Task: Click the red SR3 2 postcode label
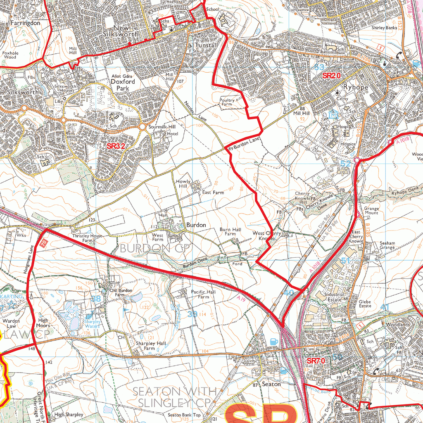pyautogui.click(x=116, y=146)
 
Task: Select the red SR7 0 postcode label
pyautogui.click(x=316, y=361)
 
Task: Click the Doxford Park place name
pyautogui.click(x=123, y=85)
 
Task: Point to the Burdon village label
pyautogui.click(x=196, y=225)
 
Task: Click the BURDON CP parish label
pyautogui.click(x=145, y=248)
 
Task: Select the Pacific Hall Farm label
pyautogui.click(x=203, y=294)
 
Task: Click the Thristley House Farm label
pyautogui.click(x=87, y=238)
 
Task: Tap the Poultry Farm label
pyautogui.click(x=227, y=102)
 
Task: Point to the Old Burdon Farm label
pyautogui.click(x=121, y=292)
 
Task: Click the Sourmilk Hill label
pyautogui.click(x=162, y=127)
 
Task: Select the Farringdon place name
pyautogui.click(x=26, y=23)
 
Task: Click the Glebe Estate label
pyautogui.click(x=365, y=304)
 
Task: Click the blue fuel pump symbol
pyautogui.click(x=273, y=341)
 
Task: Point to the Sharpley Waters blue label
pyautogui.click(x=93, y=323)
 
